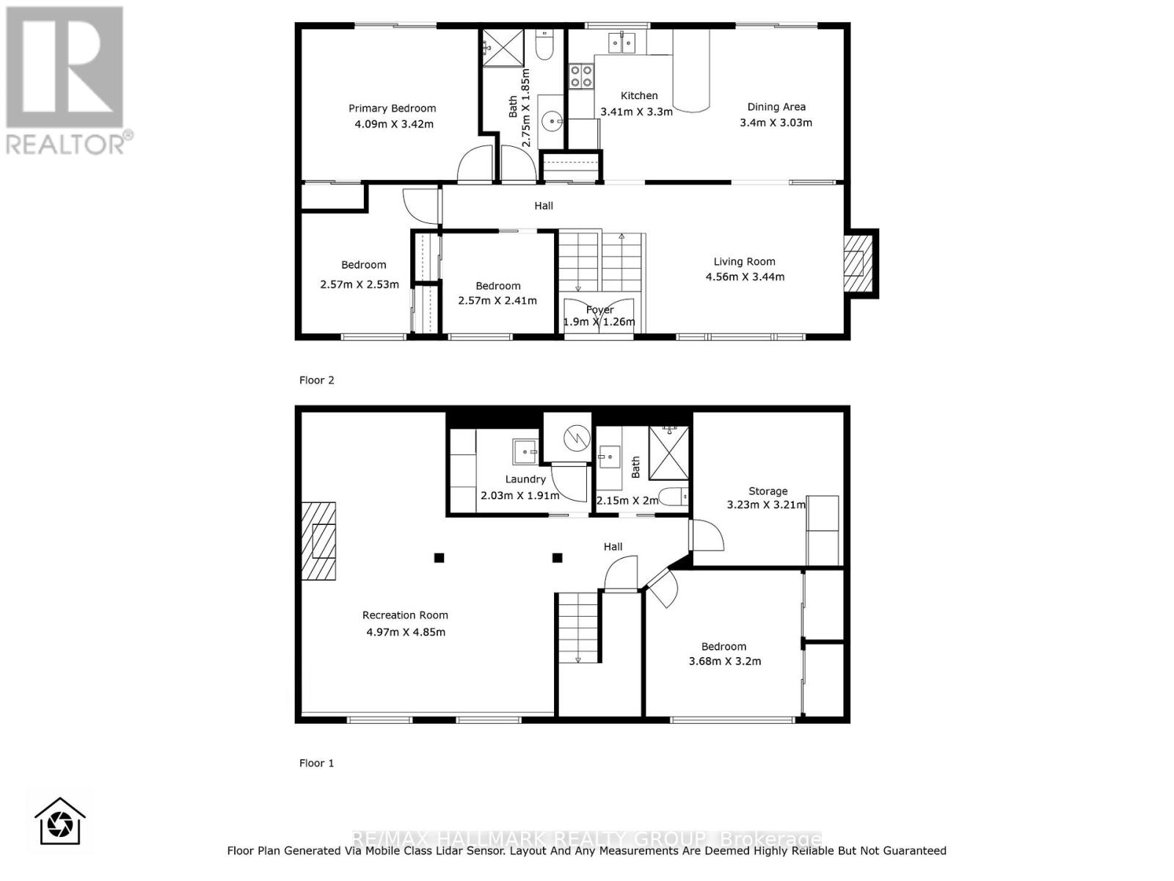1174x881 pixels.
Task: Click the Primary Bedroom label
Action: tap(392, 109)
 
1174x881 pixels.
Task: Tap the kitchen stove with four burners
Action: tap(582, 76)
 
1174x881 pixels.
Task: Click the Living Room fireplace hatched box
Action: tap(856, 263)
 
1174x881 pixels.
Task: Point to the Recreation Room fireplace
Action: tap(320, 541)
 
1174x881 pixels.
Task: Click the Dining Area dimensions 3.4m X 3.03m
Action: tap(776, 123)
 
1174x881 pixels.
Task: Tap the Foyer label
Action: tap(599, 310)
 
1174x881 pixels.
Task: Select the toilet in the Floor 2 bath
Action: tap(544, 46)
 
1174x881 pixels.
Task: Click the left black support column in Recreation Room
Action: tap(439, 558)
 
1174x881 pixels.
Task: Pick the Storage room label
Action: tap(768, 491)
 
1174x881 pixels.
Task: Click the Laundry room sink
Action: tap(525, 452)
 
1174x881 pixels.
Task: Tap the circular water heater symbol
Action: tap(577, 438)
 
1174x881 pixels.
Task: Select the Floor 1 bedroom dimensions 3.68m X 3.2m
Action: tap(724, 661)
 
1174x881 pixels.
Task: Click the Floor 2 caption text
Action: tap(316, 380)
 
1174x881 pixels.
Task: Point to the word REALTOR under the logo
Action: tap(66, 142)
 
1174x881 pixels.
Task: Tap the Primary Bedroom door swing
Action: tap(474, 164)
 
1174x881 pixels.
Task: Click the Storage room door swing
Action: tap(707, 536)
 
